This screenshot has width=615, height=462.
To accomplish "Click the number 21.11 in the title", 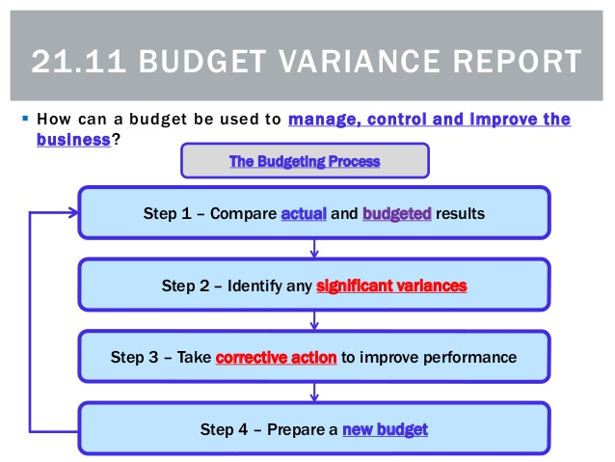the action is [x=79, y=61].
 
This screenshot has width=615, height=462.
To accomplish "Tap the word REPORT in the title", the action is [x=518, y=61].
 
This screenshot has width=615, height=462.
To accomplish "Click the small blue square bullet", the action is [x=25, y=118].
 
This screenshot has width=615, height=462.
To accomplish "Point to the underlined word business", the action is [x=73, y=139].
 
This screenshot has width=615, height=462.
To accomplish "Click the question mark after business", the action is [x=116, y=139].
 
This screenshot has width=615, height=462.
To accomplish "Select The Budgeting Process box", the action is [x=305, y=160].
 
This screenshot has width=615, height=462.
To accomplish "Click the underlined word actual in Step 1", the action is [x=304, y=213].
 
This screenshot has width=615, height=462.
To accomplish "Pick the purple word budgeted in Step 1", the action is [x=396, y=214].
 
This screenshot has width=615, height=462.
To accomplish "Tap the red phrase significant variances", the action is [x=391, y=285].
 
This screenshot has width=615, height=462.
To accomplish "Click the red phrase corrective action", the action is [x=276, y=357].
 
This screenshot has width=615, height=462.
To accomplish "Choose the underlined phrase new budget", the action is [x=385, y=429].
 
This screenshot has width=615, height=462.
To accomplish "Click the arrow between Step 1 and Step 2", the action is [x=314, y=249].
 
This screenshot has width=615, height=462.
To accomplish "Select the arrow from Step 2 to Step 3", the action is [x=314, y=320].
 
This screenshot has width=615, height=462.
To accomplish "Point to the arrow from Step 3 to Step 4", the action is [x=314, y=393].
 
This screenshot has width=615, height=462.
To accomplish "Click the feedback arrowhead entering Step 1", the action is [x=73, y=213].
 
